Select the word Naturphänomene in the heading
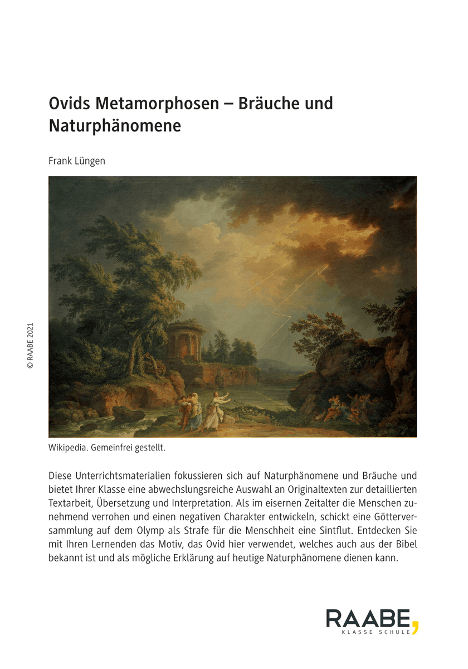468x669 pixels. (115, 126)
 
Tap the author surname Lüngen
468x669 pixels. (90, 161)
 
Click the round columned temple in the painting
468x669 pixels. (184, 341)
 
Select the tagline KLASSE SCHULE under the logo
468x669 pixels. (376, 632)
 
